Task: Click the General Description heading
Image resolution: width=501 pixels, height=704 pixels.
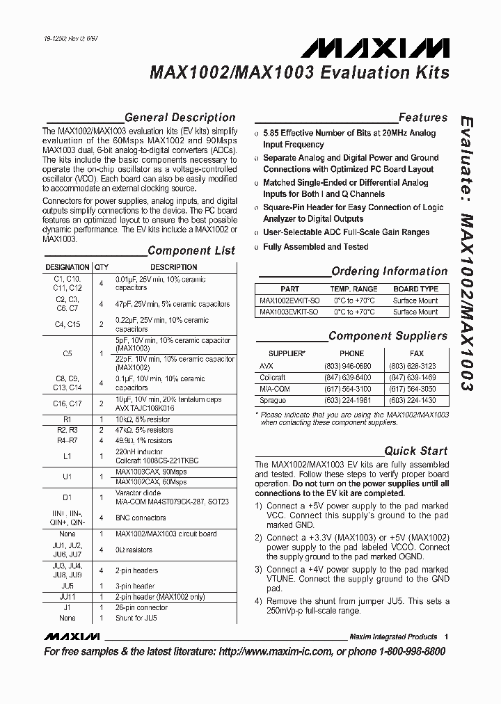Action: (x=180, y=118)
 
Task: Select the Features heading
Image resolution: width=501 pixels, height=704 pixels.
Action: (x=422, y=118)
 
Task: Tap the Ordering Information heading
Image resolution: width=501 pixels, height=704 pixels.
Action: (x=389, y=271)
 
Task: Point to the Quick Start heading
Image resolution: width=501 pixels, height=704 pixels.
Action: (x=415, y=451)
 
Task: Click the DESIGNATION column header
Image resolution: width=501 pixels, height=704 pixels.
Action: (x=67, y=267)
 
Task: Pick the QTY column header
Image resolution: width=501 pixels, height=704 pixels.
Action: (x=102, y=267)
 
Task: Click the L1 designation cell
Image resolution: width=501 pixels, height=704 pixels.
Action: (x=67, y=455)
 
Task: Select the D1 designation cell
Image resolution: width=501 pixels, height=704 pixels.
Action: (x=67, y=497)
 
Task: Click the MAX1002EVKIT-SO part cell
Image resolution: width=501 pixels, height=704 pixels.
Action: (x=289, y=301)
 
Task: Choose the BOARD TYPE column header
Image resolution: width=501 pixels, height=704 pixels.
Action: (x=415, y=289)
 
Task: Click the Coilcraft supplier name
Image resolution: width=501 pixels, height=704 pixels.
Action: (x=273, y=377)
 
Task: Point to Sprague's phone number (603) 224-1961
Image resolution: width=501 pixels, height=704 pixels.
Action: (x=351, y=401)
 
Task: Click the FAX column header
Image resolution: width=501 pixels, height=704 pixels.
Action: (x=415, y=353)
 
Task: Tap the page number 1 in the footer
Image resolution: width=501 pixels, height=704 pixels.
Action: (x=446, y=637)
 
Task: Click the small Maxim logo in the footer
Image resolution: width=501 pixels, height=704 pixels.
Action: (x=72, y=637)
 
